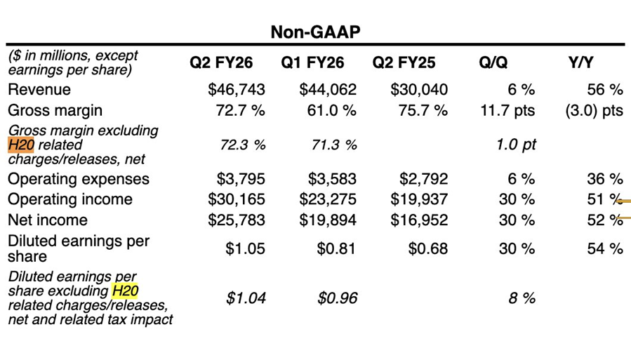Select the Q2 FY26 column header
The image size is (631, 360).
[x=221, y=63]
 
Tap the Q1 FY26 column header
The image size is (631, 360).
[x=312, y=63]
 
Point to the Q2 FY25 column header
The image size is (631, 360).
[x=404, y=63]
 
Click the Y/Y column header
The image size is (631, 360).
[x=580, y=63]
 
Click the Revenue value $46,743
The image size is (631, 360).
[x=237, y=90]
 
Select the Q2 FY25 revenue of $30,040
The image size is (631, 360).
[x=419, y=90]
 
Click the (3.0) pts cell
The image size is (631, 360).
[x=594, y=111]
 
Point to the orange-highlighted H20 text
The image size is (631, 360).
[x=21, y=145]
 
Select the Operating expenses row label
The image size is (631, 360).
[x=79, y=179]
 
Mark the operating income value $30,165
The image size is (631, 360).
[x=237, y=199]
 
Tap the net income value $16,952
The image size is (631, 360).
[x=419, y=220]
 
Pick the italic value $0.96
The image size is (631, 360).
[x=338, y=298]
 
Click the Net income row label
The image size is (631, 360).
[x=48, y=220]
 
